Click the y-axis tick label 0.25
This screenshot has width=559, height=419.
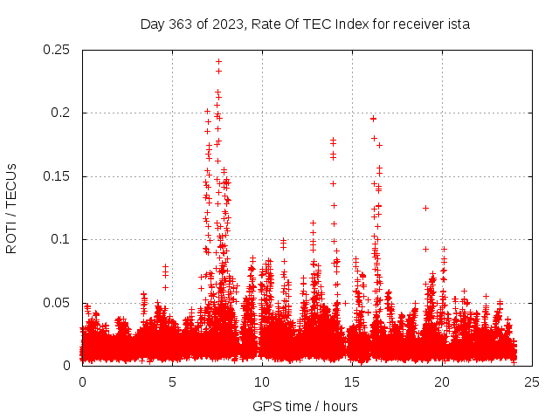pos(58,50)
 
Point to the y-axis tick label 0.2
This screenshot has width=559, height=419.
pos(61,113)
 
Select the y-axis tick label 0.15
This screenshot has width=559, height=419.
pos(58,176)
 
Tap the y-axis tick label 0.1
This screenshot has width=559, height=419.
pos(61,239)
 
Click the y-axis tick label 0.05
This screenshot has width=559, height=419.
pos(58,303)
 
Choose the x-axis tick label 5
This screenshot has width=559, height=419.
pos(172,382)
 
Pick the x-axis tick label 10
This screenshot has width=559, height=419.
pos(262,382)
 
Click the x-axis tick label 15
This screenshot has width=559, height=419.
pos(352,382)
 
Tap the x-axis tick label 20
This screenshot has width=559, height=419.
pos(442,382)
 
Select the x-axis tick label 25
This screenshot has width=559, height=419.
pos(532,382)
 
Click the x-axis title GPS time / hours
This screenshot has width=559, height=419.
pos(305,406)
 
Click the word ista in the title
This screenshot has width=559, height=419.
pos(459,24)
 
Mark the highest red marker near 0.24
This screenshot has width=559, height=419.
pos(218,61)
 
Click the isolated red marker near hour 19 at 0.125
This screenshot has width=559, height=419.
pos(425,208)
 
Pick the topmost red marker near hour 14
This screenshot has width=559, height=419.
pos(333,140)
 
